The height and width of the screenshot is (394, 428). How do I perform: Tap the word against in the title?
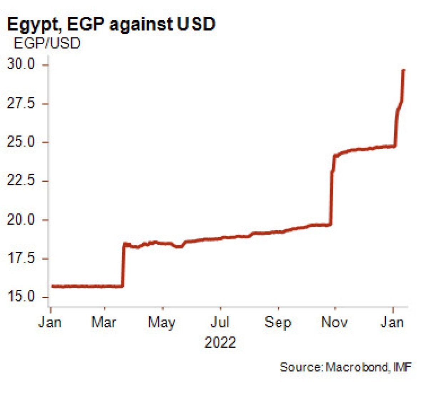(x=142, y=24)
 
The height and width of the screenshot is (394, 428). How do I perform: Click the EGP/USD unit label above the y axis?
(x=47, y=44)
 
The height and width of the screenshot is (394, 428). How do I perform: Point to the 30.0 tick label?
(x=21, y=65)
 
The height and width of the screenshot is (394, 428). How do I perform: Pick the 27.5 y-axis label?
(x=21, y=103)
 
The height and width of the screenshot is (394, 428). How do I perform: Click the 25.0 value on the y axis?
(x=21, y=142)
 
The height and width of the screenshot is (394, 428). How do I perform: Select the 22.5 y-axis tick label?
(x=21, y=181)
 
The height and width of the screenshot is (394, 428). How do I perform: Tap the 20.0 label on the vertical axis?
(x=21, y=220)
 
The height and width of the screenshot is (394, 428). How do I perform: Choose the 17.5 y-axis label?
(x=21, y=258)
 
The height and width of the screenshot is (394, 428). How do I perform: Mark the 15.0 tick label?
(x=21, y=297)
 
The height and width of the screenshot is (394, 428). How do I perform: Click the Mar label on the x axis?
(x=104, y=322)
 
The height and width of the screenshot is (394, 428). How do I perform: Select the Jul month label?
(x=220, y=322)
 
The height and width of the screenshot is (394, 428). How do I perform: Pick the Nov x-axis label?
(x=335, y=322)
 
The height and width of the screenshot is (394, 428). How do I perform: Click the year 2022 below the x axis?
(x=220, y=342)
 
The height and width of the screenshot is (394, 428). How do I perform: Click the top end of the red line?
(x=403, y=70)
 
